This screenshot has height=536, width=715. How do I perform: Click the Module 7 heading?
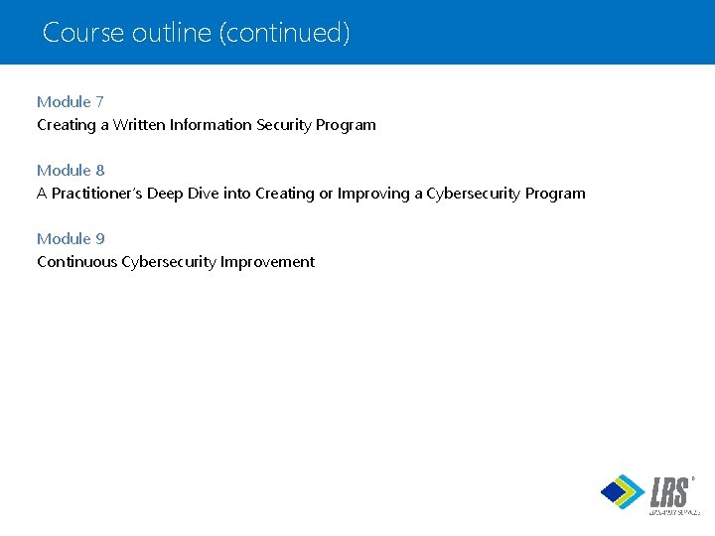point(71,101)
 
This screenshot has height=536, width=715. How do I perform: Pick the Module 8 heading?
point(71,170)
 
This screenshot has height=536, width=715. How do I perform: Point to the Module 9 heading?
point(71,238)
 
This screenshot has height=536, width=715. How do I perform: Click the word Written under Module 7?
point(140,125)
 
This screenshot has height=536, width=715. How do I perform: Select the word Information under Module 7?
point(211,125)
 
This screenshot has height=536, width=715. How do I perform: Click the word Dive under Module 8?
point(203,194)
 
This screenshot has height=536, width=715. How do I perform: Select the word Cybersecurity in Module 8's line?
point(474,194)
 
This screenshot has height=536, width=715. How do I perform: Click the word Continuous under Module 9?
point(77,262)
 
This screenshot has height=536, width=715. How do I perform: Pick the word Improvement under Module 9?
point(268,262)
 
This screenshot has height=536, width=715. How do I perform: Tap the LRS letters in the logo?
point(669,491)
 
